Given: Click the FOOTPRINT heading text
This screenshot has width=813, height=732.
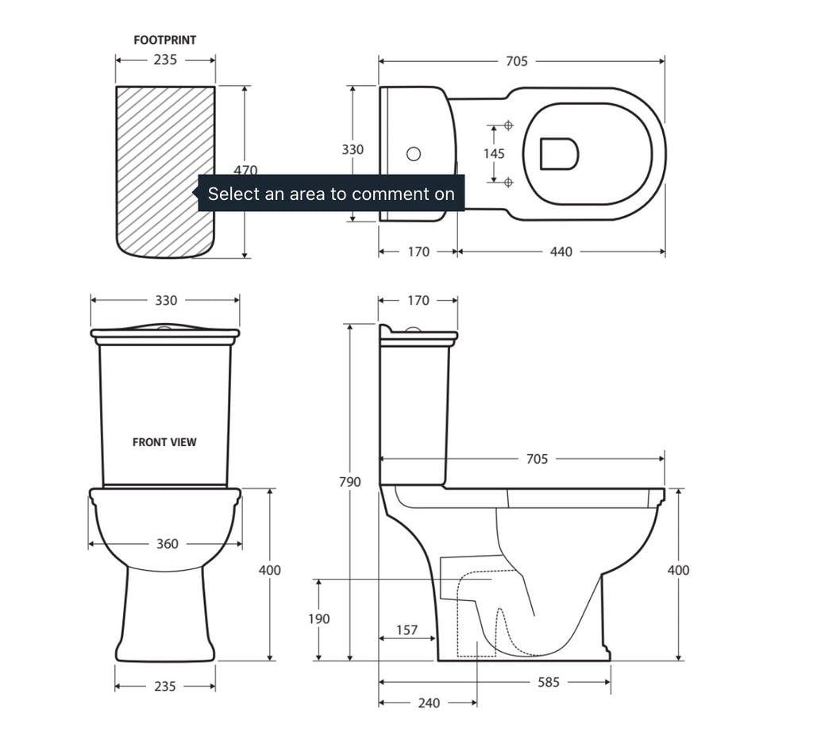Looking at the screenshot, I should point(164,40).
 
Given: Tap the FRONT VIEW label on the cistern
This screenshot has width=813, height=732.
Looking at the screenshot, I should point(164,442).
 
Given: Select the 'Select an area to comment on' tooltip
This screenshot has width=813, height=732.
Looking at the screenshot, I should point(331,194).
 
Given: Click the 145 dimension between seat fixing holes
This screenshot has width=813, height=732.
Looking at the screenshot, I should point(494,153).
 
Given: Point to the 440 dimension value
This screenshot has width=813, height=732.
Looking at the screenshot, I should point(561,252).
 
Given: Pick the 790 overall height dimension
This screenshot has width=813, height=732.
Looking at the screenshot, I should point(349,482).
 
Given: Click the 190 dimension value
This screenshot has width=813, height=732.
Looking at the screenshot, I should point(319,619).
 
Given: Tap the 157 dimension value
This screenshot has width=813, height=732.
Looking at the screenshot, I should point(406,630).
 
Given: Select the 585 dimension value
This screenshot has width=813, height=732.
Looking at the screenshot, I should point(549,682).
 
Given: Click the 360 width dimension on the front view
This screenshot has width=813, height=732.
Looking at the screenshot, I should point(167,544).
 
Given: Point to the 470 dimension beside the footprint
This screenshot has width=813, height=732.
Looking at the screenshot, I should point(245,170).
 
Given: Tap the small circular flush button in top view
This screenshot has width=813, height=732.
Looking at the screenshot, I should point(414,154).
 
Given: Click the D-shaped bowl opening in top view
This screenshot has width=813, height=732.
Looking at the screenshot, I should point(559,153).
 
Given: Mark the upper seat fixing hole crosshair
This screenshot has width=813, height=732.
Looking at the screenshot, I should point(509,125).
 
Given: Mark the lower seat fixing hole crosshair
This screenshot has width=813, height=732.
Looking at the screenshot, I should point(509,183).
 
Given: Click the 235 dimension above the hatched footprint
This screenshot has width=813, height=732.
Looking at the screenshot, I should point(165,60).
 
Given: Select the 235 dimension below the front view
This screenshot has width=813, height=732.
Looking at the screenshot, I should point(165,686).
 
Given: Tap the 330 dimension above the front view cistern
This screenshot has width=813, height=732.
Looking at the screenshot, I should point(166,301).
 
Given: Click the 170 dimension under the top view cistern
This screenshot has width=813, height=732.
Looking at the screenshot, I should point(418,252).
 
